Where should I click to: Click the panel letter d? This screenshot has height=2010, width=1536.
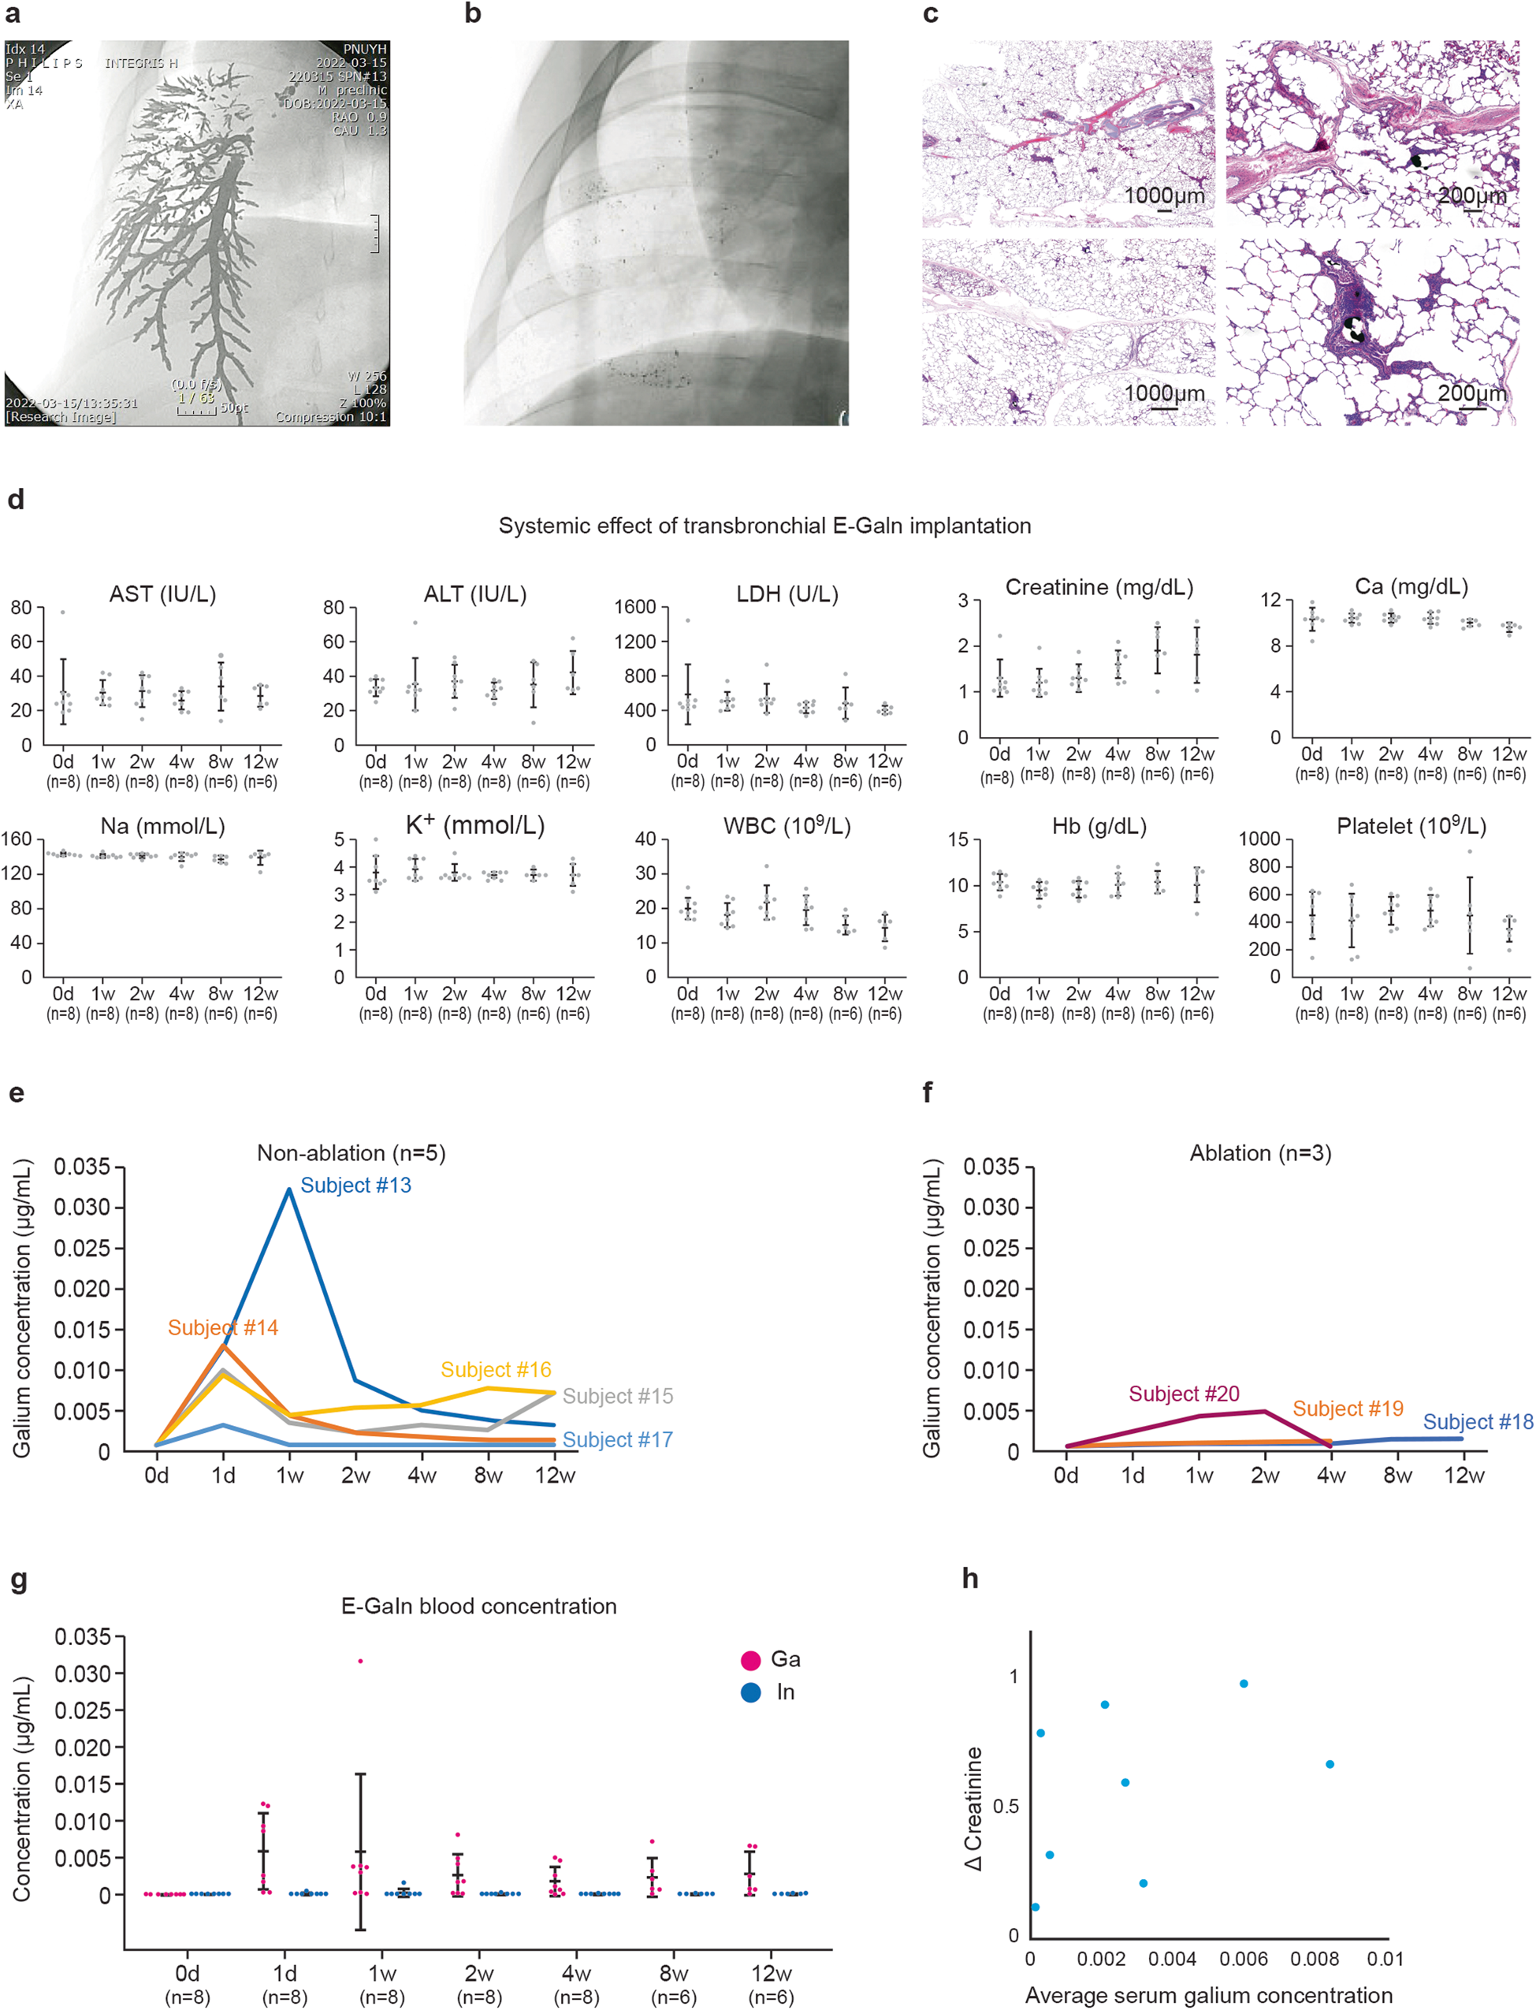[x=16, y=501]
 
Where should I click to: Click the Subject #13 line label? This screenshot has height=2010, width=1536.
[x=355, y=1186]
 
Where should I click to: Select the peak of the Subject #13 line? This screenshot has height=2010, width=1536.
[x=290, y=1189]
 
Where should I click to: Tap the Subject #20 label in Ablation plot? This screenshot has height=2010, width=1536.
[x=1183, y=1394]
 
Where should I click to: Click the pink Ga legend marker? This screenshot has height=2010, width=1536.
[x=750, y=1660]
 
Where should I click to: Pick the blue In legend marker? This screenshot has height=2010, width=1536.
[x=750, y=1692]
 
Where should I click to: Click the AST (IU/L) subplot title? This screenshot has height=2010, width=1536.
[x=163, y=594]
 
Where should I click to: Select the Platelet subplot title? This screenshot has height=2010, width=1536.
[x=1411, y=827]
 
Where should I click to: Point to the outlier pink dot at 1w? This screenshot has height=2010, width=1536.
[x=360, y=1661]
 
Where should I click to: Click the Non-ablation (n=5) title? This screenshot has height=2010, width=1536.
[x=351, y=1153]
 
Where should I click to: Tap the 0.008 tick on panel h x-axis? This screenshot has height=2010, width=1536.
[x=1314, y=1959]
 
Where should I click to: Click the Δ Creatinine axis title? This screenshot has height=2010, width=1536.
[x=975, y=1809]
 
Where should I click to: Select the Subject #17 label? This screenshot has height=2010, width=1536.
[x=617, y=1439]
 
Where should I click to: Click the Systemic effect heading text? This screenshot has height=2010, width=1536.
[x=764, y=526]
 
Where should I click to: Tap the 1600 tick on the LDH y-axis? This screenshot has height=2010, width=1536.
[x=634, y=607]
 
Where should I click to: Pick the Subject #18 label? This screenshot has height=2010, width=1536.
[x=1478, y=1422]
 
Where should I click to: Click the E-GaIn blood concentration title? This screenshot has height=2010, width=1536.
[x=478, y=1606]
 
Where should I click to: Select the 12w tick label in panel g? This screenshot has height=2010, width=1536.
[x=771, y=1974]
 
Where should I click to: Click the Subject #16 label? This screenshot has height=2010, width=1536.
[x=496, y=1370]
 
